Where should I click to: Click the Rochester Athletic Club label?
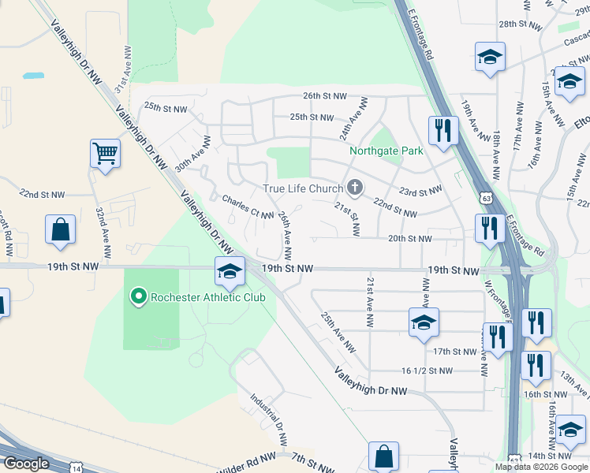pyautogui.click(x=207, y=297)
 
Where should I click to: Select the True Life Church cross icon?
pyautogui.click(x=355, y=188)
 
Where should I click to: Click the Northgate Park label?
pyautogui.click(x=386, y=151)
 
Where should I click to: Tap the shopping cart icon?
pyautogui.click(x=105, y=153)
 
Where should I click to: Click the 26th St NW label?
pyautogui.click(x=325, y=96)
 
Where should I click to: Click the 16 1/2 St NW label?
pyautogui.click(x=427, y=371)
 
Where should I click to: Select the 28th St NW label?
pyautogui.click(x=521, y=24)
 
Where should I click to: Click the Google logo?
pyautogui.click(x=26, y=464)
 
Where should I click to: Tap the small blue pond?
pyautogui.click(x=33, y=76)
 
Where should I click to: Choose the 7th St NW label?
pyautogui.click(x=308, y=458)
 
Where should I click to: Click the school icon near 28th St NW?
pyautogui.click(x=490, y=57)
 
